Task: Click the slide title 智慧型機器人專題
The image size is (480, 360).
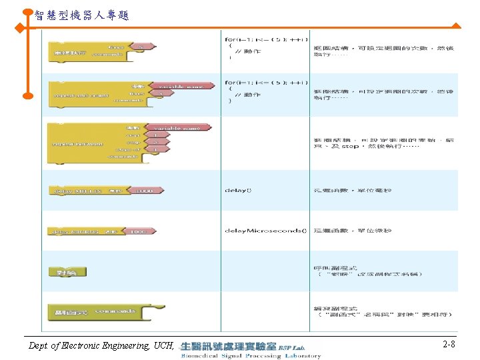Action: click(81, 14)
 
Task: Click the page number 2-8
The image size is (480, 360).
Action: click(449, 345)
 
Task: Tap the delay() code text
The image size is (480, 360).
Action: click(239, 191)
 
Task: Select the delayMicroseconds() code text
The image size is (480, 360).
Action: click(265, 231)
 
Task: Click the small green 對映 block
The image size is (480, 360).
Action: click(67, 272)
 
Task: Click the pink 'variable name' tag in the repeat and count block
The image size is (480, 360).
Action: click(176, 85)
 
